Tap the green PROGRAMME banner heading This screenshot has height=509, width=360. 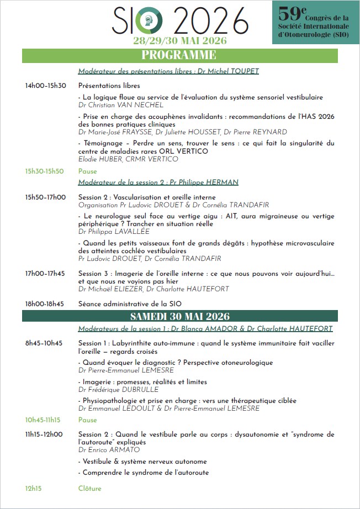click(179, 55)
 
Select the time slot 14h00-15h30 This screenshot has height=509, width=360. click(45, 86)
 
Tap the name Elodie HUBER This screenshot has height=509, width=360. click(100, 159)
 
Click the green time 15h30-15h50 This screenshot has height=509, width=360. click(44, 171)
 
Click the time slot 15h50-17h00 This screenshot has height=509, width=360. click(45, 197)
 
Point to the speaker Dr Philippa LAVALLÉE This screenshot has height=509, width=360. click(114, 232)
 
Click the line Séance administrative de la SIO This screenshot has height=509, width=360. click(130, 303)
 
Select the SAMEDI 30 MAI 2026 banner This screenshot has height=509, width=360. click(180, 316)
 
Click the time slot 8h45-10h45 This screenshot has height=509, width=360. click(44, 343)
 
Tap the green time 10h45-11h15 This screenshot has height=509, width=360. click(43, 420)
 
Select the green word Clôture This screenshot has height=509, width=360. click(90, 489)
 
